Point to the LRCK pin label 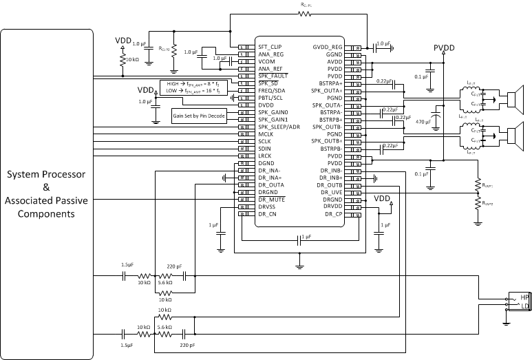coord(266,156)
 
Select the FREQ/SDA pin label coord(273,90)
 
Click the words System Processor coord(46,174)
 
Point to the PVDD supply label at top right coord(445,48)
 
